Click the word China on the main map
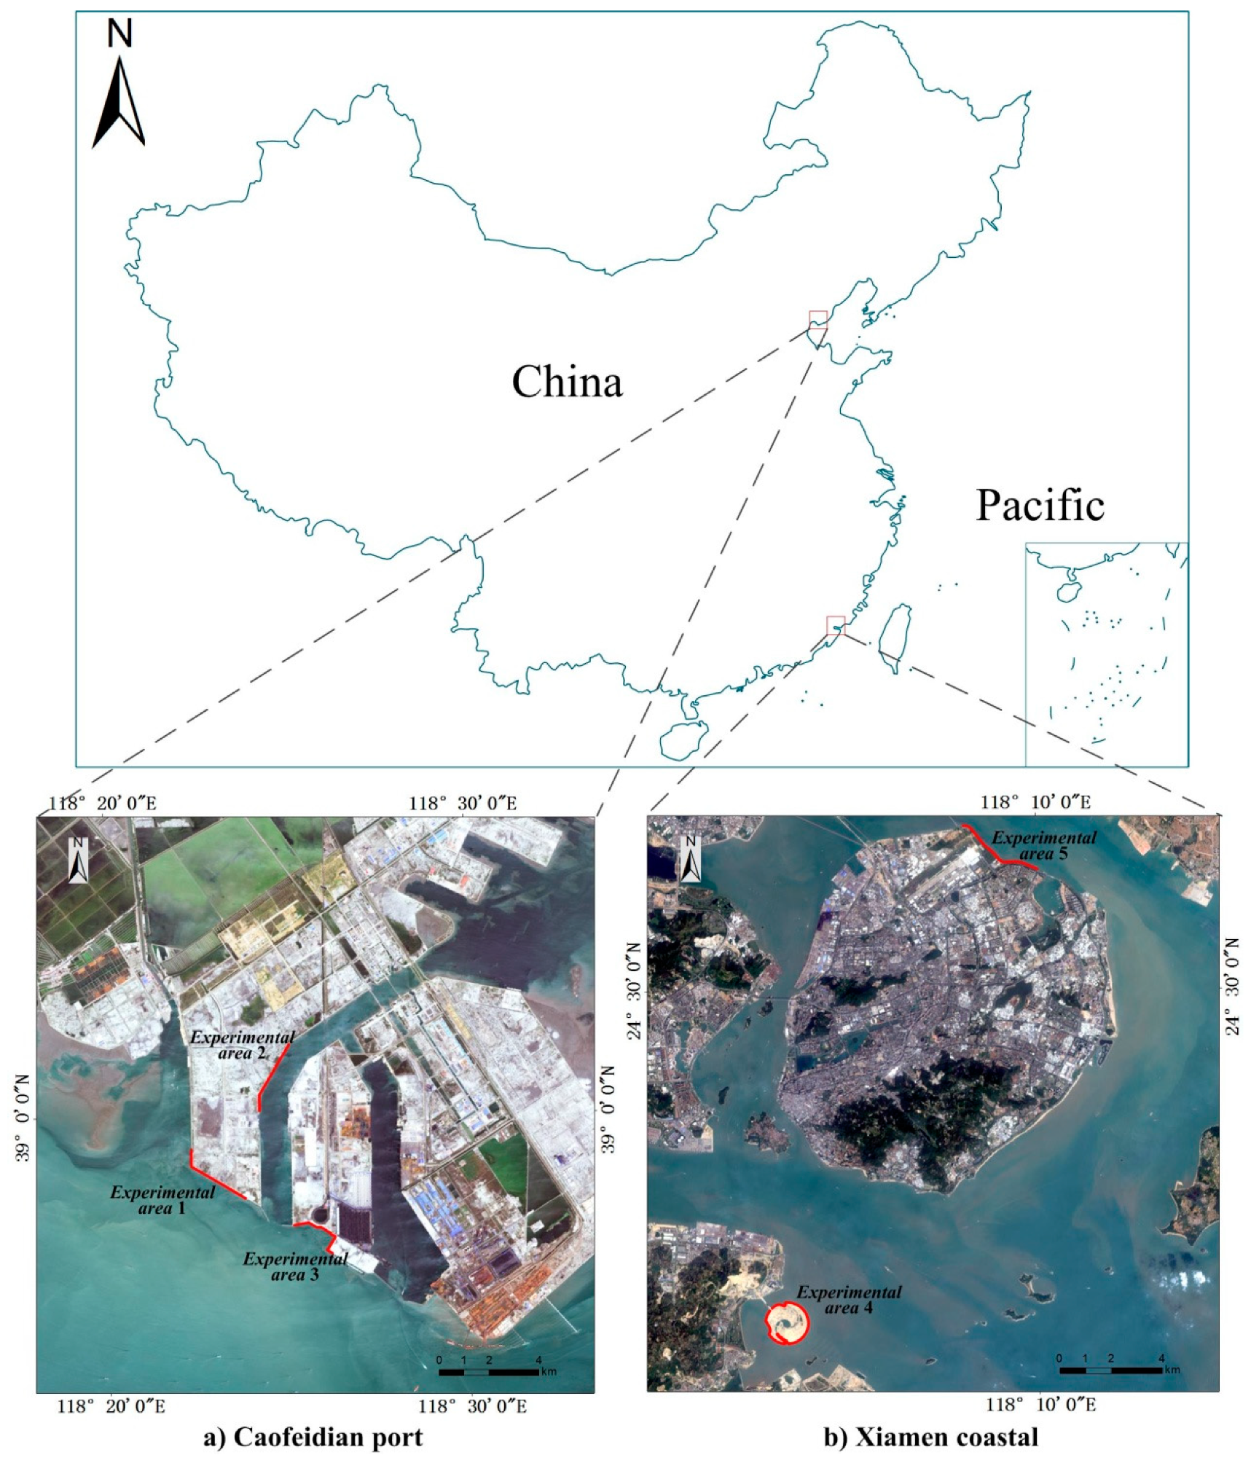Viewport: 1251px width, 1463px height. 567,381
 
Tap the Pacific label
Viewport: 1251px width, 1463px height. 1040,505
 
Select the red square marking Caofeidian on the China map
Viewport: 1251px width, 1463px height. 817,319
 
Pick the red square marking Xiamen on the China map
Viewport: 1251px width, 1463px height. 835,624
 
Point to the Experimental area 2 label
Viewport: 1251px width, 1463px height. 242,1045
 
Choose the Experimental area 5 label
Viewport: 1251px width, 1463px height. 1043,845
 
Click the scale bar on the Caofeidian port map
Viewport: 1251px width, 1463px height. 488,1372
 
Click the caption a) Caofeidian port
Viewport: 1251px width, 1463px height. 313,1437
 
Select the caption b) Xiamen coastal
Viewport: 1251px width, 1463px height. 930,1437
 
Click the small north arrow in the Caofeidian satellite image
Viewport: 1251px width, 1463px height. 78,861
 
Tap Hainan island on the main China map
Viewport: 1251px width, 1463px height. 683,740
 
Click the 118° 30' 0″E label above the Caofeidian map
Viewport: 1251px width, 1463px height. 463,803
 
